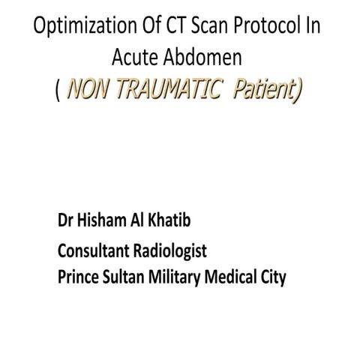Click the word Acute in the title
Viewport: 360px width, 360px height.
coord(132,57)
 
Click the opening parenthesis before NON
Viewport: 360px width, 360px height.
coord(58,91)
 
